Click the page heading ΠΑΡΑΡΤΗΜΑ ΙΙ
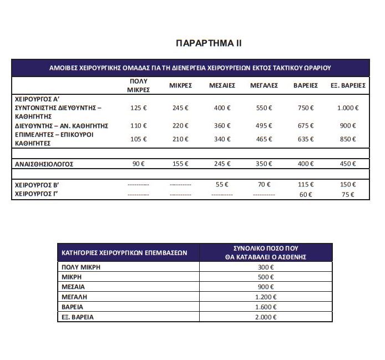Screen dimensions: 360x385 [208, 43]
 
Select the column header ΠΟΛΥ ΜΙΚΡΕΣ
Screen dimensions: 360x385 [138, 85]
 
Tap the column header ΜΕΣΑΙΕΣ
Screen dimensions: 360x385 [222, 85]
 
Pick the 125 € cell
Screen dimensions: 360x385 [138, 108]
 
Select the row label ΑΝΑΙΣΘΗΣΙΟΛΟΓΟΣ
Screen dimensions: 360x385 [43, 164]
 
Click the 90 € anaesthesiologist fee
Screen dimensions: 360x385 [138, 164]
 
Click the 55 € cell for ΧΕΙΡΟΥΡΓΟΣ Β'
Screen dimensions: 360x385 [222, 184]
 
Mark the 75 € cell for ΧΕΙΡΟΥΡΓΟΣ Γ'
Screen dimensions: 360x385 [348, 195]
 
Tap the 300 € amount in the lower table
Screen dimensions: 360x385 [266, 267]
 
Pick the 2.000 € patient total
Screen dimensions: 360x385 [266, 317]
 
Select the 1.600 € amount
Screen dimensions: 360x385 [266, 307]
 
